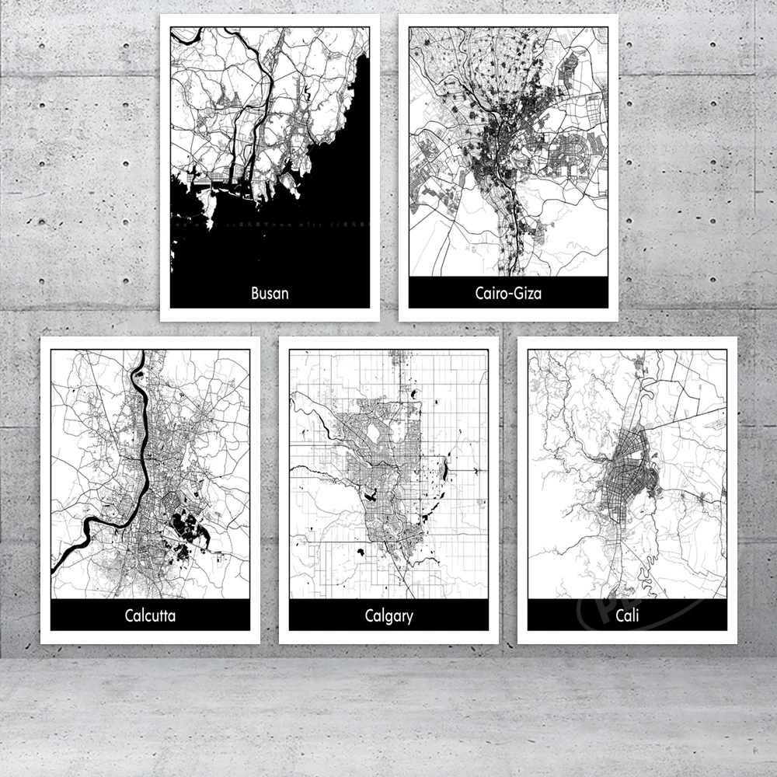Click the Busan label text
point(270,294)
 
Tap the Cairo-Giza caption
point(508,294)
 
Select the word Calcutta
point(150,616)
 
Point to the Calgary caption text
point(388,617)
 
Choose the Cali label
point(627,617)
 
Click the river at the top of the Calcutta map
point(140,373)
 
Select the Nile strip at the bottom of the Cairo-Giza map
point(510,249)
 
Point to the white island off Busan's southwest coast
point(208,207)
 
